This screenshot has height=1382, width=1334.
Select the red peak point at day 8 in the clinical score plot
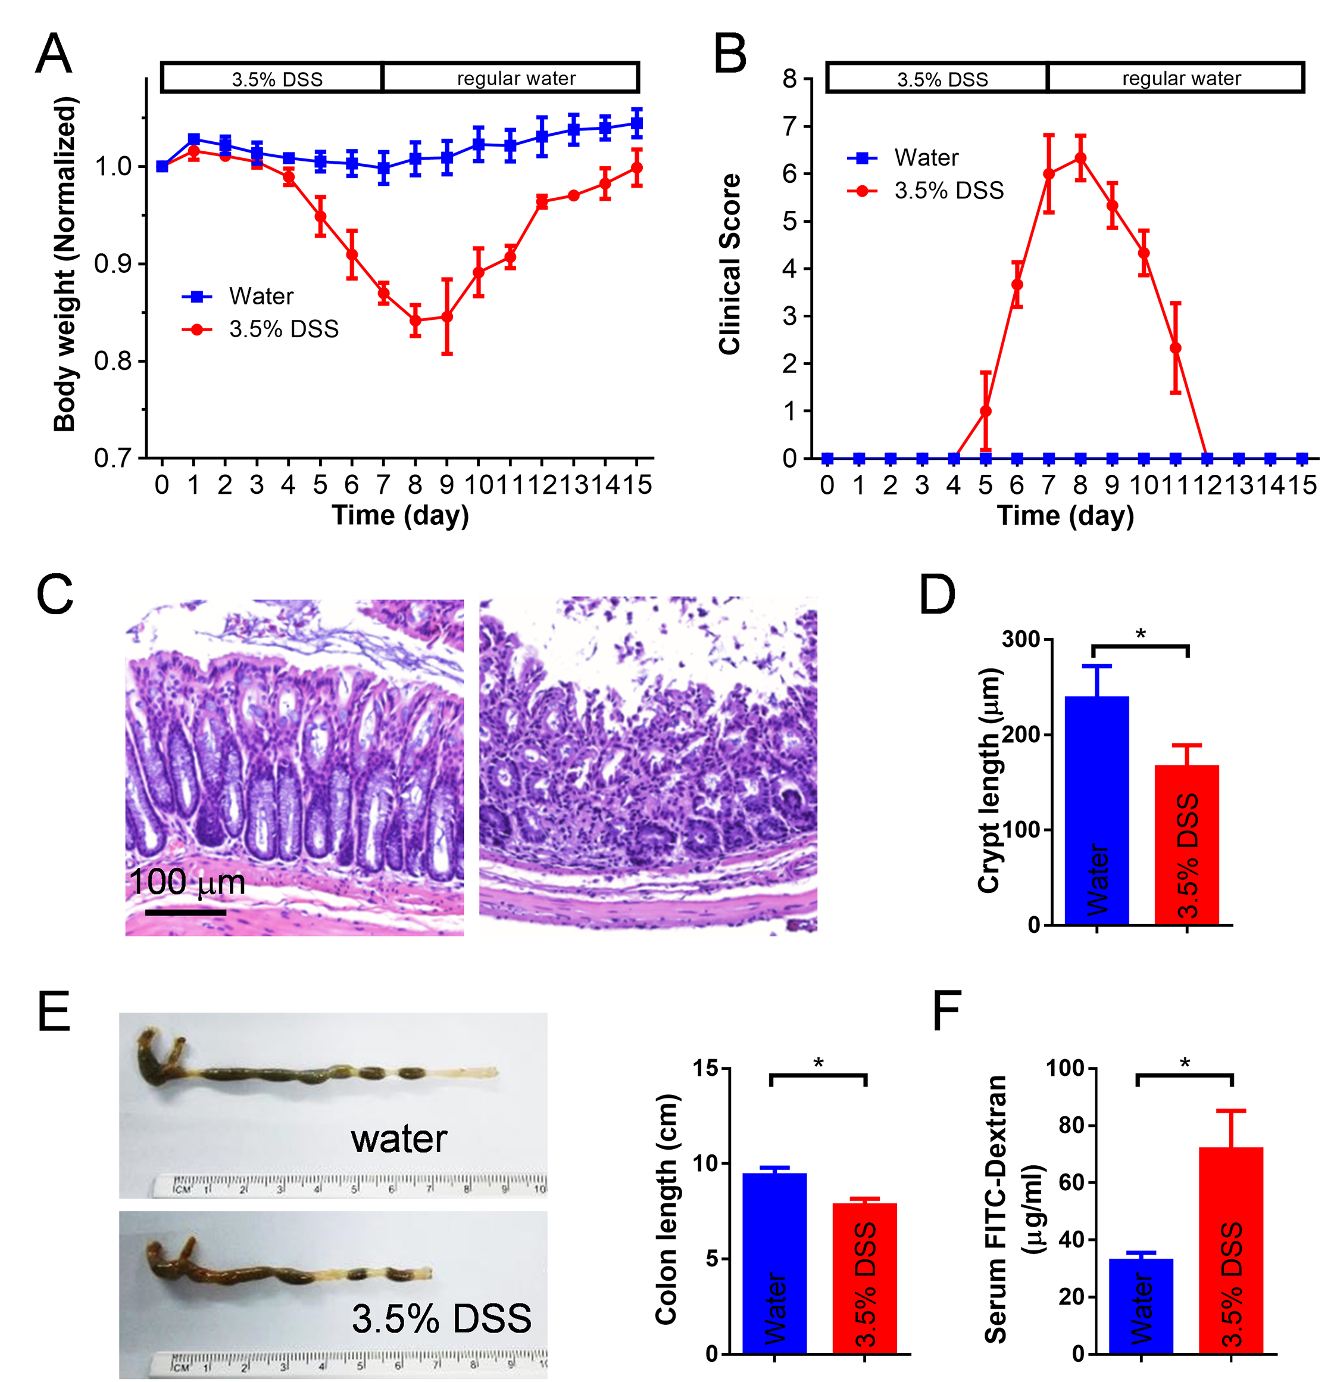(x=1080, y=158)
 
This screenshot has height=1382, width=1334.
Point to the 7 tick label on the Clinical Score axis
(x=789, y=127)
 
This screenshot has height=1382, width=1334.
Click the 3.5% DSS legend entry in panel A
(x=261, y=329)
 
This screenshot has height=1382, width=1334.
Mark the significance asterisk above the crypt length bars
(x=1140, y=634)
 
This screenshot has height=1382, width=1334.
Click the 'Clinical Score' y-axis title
(x=730, y=264)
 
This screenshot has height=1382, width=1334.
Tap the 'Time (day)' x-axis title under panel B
(x=1065, y=515)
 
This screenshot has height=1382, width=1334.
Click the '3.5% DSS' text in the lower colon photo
(x=441, y=1318)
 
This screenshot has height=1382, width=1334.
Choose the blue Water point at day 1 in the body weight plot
(x=194, y=139)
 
